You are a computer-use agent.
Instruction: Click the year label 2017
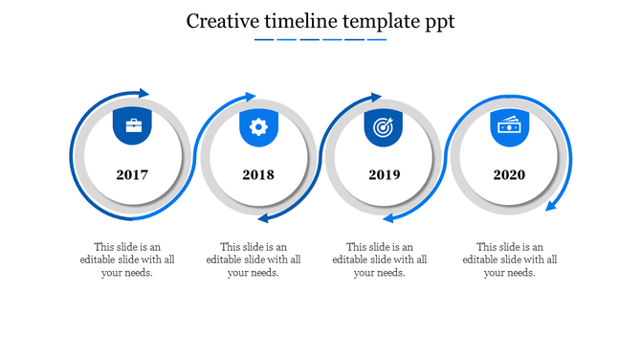[132, 175]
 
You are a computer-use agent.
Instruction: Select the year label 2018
[258, 175]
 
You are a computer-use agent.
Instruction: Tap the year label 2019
[384, 175]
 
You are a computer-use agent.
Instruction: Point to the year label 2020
[509, 175]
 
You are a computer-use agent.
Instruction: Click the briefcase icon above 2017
[132, 126]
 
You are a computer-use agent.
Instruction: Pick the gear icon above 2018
[258, 126]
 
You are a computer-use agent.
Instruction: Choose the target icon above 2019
[384, 126]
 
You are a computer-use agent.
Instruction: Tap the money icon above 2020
[509, 125]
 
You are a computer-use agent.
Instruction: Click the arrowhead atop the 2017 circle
[144, 93]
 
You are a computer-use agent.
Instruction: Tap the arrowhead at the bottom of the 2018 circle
[263, 219]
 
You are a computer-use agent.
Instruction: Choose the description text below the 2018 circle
[254, 259]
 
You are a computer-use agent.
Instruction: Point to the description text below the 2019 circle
[380, 259]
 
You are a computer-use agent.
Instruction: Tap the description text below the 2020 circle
[509, 259]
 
